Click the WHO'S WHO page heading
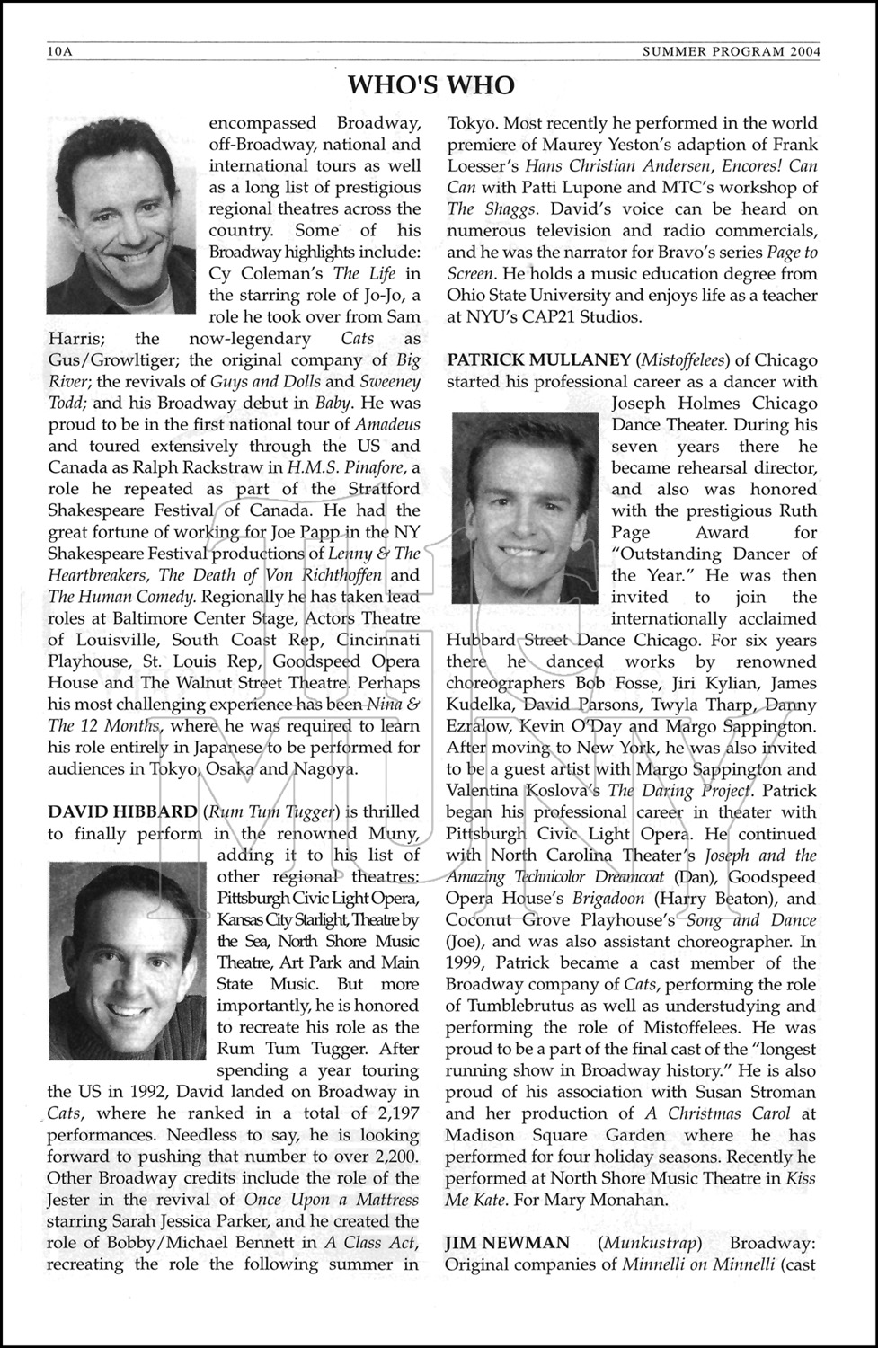tap(431, 85)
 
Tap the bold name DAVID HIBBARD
tap(121, 811)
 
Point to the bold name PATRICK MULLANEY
tap(538, 359)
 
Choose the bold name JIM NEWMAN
tap(507, 1242)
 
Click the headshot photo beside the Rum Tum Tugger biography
tap(127, 959)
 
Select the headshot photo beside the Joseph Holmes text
tap(525, 508)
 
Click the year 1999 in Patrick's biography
tap(467, 962)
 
